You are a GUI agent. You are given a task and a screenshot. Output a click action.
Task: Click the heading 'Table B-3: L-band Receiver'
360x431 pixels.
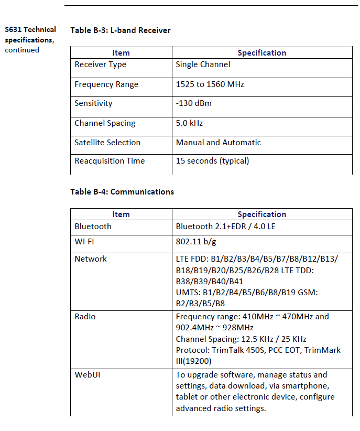coord(121,30)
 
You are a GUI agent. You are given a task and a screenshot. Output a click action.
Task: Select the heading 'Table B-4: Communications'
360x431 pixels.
coord(122,192)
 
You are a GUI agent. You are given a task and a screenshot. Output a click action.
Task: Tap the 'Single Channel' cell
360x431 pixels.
coord(203,64)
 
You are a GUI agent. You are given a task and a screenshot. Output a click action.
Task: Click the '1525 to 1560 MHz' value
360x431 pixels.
coord(210,84)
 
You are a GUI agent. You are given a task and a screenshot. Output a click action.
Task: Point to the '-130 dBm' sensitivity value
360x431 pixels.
coord(193,103)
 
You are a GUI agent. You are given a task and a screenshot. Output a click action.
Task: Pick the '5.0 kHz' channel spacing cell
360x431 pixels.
coord(189,123)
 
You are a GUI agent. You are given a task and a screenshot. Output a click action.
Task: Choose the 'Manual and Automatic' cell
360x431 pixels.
coord(218,143)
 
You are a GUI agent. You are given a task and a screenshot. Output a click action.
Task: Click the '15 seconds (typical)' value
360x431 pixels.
coord(212,161)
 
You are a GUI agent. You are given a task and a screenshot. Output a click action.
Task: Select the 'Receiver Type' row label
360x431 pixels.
coord(100,64)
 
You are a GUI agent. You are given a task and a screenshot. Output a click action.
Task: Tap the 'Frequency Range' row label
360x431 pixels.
coord(106,84)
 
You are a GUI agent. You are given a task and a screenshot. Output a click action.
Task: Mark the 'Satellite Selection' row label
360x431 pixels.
coord(107,143)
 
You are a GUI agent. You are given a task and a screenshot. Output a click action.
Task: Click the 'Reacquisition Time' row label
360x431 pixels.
coord(110,161)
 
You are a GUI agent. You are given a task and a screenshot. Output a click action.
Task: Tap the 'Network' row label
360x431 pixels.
coord(91,259)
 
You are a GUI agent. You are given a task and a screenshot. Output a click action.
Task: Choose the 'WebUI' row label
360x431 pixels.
coord(87,375)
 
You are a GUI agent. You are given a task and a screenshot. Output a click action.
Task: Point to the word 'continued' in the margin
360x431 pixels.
coord(22,50)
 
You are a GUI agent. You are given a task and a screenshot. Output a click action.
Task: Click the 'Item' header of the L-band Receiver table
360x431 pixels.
coord(121,53)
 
